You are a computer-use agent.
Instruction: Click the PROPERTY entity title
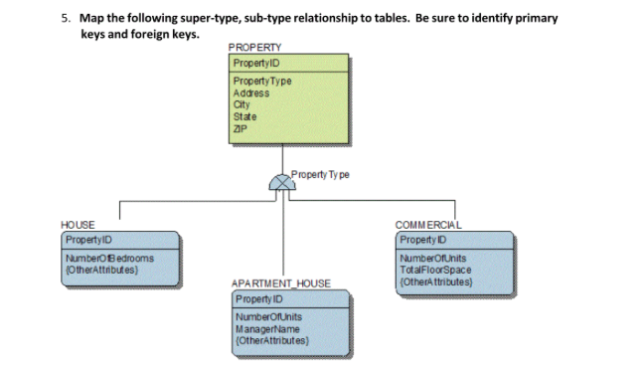(254, 47)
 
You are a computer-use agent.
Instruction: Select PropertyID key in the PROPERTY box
(253, 62)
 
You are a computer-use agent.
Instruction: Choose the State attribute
(243, 115)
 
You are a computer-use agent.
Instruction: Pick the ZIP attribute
(240, 127)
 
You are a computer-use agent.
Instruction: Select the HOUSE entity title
(79, 227)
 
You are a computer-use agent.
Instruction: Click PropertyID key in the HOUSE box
(88, 241)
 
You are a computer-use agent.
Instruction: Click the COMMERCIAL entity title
(428, 225)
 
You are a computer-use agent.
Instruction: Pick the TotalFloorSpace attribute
(437, 270)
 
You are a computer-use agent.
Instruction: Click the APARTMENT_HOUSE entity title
(281, 283)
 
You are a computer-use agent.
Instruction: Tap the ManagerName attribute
(267, 327)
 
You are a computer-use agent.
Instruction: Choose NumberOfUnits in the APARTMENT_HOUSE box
(269, 317)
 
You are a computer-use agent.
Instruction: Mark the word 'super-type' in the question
(214, 18)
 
